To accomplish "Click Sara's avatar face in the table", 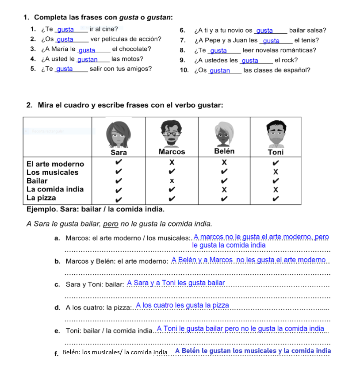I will [119, 133].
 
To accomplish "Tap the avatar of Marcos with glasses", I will [171, 132].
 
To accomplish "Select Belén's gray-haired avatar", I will [224, 133].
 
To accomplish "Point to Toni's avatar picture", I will [276, 133].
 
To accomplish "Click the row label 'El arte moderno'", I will [55, 164].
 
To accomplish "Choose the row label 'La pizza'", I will [41, 198].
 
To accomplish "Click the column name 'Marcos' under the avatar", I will [172, 152].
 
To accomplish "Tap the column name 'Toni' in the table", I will [276, 152].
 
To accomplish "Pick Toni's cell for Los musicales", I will [276, 172].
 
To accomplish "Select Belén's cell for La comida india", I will [224, 189].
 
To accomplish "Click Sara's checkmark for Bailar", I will [119, 181].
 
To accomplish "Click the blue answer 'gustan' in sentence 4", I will [88, 59].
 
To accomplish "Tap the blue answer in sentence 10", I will [220, 70].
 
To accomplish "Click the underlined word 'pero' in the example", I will [111, 224].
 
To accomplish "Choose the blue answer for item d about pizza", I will [183, 305].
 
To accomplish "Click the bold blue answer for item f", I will [253, 351].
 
